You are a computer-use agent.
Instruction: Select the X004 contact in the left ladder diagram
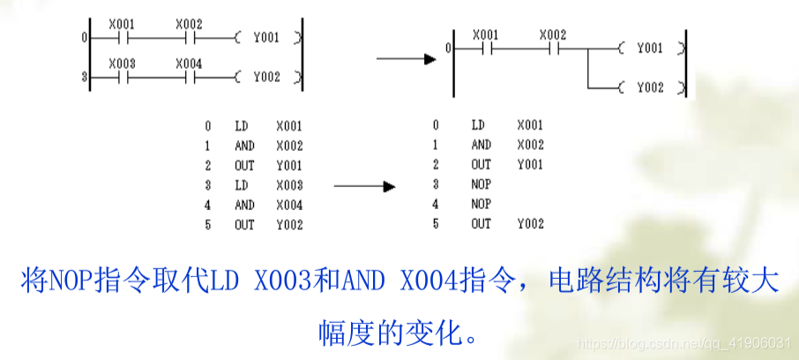coord(189,77)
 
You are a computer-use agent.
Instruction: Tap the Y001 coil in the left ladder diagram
coord(265,37)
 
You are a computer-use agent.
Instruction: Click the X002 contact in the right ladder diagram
coord(552,48)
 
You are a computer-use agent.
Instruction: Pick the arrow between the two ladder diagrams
coord(407,59)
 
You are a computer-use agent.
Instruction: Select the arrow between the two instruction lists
coord(362,186)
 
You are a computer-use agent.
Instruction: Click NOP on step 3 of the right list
coord(482,184)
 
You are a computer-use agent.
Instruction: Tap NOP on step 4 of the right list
coord(482,204)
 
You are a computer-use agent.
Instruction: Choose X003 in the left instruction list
coord(289,185)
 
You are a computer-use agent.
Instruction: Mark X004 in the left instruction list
coord(289,205)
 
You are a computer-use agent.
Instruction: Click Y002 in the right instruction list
coord(531,224)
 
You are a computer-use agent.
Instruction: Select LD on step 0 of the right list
coord(478,125)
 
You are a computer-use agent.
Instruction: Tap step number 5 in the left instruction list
coord(208,225)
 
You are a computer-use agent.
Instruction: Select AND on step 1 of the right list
coord(482,145)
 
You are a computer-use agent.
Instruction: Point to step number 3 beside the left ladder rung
coord(85,78)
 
